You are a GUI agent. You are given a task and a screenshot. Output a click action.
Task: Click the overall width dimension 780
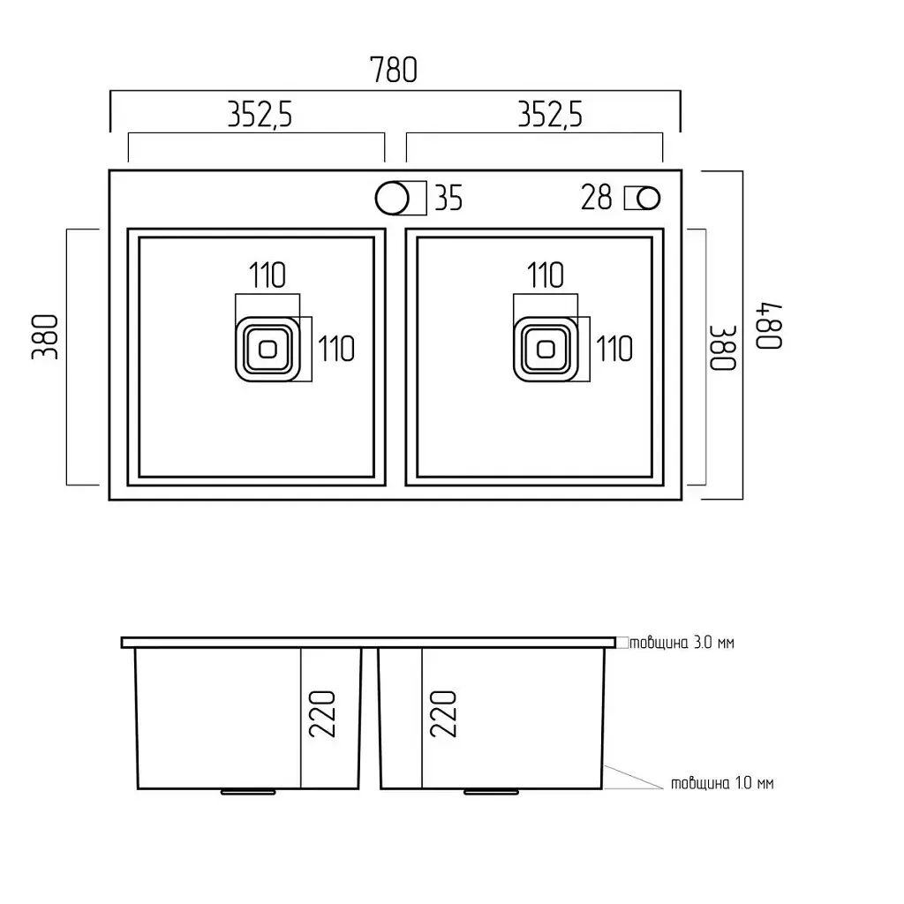[393, 70]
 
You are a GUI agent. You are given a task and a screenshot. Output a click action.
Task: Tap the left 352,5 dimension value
[260, 114]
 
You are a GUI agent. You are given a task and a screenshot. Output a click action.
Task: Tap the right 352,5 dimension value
[550, 114]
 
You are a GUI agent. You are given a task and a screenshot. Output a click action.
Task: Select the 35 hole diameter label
[448, 198]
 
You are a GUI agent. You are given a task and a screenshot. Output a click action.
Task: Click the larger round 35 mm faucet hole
[392, 198]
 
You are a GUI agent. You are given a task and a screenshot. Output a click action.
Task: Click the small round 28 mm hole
[649, 199]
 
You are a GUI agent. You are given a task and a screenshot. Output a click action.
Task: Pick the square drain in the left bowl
[267, 349]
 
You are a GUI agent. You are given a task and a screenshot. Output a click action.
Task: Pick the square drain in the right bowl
[546, 349]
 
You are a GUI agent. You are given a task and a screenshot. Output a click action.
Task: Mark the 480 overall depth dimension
[769, 326]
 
